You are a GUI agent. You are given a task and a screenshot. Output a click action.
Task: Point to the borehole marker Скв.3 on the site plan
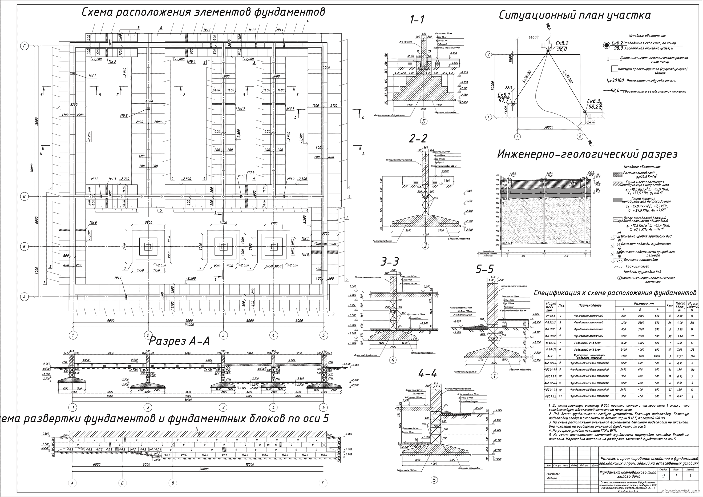[x=585, y=113]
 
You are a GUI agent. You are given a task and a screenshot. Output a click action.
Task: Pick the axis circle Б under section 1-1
[x=424, y=121]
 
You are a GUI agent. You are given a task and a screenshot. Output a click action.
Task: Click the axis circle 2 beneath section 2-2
[x=425, y=246]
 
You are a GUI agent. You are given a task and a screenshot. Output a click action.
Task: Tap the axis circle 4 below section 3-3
[x=393, y=360]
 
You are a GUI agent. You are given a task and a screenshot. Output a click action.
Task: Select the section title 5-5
[x=485, y=269]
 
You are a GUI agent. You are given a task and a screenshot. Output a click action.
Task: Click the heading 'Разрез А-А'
[x=179, y=341]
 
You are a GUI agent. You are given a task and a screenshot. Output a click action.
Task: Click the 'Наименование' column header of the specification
[x=590, y=305]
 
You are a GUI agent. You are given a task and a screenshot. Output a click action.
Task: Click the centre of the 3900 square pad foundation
[x=148, y=246]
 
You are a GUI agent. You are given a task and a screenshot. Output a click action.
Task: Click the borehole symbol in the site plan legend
[x=606, y=45]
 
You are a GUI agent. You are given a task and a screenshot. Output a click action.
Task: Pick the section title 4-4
[x=427, y=374]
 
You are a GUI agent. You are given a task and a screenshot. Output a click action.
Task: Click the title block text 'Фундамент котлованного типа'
[x=628, y=472]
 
